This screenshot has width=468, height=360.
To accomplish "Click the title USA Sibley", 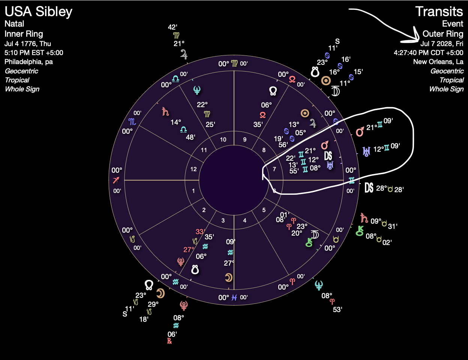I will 38,12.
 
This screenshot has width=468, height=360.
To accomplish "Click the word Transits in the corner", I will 439,12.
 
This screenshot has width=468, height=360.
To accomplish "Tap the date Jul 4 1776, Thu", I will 28,43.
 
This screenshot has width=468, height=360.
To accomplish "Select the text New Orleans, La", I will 438,62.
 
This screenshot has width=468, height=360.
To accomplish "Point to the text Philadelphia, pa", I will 28,62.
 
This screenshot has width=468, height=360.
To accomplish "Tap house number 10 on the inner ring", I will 223,140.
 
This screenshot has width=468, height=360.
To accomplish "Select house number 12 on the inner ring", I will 193,169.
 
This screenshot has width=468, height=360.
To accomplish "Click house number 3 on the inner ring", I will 223,220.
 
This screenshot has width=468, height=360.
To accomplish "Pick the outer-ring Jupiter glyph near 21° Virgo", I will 184,54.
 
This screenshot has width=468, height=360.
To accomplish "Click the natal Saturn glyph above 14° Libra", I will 165,111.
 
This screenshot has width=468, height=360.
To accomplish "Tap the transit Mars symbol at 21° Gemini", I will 360,131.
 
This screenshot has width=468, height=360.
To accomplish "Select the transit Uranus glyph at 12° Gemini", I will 366,151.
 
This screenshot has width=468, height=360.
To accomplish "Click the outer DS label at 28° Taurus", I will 369,188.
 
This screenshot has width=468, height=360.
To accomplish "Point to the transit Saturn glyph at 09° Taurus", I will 364,218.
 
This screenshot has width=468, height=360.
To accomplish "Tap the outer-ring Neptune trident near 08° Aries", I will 319,286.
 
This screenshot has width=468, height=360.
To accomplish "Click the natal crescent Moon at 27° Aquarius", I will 228,278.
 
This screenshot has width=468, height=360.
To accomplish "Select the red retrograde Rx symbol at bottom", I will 169,341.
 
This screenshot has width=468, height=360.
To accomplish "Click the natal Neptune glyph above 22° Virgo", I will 196,90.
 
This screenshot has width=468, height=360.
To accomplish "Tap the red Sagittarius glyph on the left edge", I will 117,180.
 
